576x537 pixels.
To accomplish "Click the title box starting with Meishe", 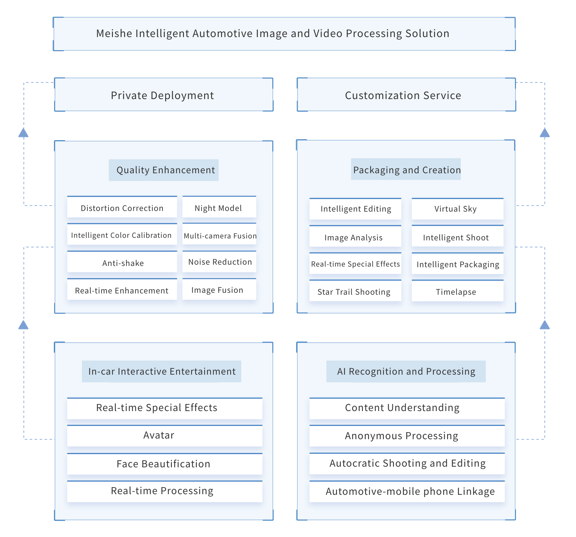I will tap(284, 34).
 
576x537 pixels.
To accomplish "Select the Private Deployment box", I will tap(164, 95).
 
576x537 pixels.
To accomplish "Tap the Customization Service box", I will tap(406, 95).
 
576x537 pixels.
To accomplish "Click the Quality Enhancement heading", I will tap(164, 170).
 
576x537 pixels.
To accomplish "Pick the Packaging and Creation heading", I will tap(406, 169).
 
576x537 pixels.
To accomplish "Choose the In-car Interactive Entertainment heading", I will tap(162, 371).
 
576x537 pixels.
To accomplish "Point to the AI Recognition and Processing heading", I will tap(406, 371).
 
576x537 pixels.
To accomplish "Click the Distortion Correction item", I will tap(122, 208).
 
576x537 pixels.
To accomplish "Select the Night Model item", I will tap(219, 208).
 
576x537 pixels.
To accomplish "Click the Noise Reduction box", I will tap(219, 262).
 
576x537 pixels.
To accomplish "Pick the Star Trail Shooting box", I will tap(355, 292).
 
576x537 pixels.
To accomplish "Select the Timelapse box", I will tap(457, 292).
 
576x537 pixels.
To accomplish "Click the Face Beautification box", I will tap(164, 464).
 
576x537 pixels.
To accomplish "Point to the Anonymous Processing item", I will tap(407, 436).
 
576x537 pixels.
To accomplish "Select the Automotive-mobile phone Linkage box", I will tap(407, 492).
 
